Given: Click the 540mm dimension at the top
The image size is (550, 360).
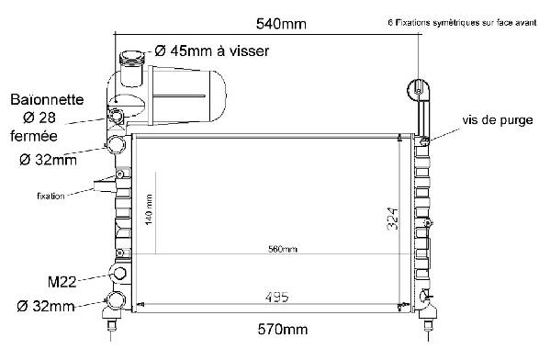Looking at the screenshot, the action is click(x=281, y=24).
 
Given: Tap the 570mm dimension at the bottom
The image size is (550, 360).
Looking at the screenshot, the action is click(x=283, y=329).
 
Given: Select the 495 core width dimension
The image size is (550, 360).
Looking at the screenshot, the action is click(x=277, y=298).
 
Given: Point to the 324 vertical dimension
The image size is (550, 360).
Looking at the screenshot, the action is click(x=393, y=219).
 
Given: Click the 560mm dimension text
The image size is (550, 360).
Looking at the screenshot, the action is click(x=283, y=249).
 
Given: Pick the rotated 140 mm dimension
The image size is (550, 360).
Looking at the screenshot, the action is click(x=149, y=209).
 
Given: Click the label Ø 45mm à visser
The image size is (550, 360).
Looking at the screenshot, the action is click(x=212, y=51).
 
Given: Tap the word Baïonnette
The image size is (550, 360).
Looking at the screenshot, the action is click(x=47, y=100).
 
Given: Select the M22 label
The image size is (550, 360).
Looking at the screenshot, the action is click(x=62, y=282).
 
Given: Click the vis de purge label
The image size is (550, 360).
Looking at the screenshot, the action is click(x=498, y=120).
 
